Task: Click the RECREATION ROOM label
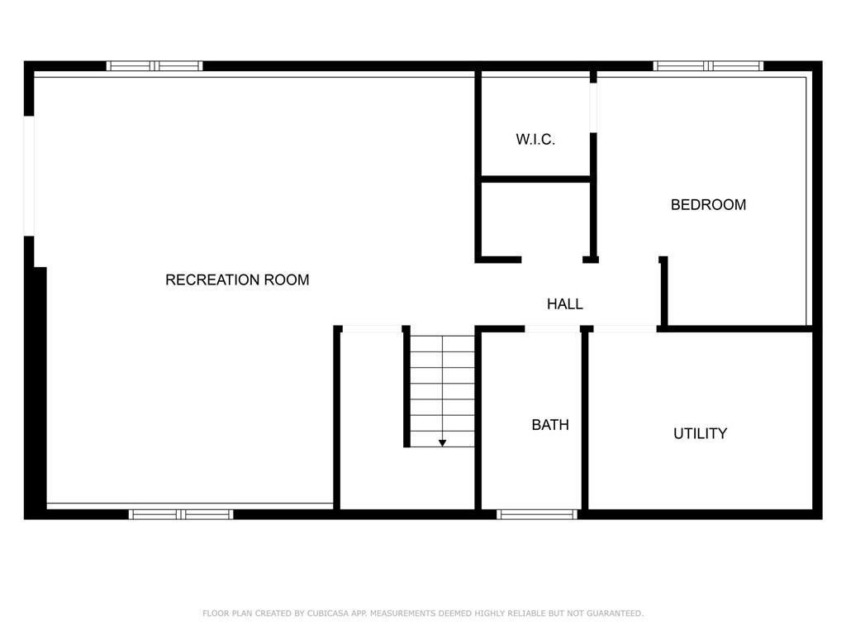pyautogui.click(x=237, y=279)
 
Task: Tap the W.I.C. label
pyautogui.click(x=535, y=139)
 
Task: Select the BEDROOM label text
pyautogui.click(x=708, y=205)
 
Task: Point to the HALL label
pyautogui.click(x=564, y=304)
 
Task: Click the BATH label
pyautogui.click(x=549, y=425)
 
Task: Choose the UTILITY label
pyautogui.click(x=700, y=433)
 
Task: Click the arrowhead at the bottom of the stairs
pyautogui.click(x=442, y=443)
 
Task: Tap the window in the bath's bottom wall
pyautogui.click(x=537, y=514)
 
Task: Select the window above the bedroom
pyautogui.click(x=708, y=66)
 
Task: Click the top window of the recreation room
pyautogui.click(x=154, y=66)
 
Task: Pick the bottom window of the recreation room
pyautogui.click(x=181, y=514)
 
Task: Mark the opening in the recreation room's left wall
pyautogui.click(x=29, y=176)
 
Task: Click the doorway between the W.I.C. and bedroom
pyautogui.click(x=593, y=108)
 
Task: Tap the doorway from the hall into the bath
pyautogui.click(x=552, y=329)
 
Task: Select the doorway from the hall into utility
pyautogui.click(x=625, y=329)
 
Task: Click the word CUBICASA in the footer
pyautogui.click(x=327, y=614)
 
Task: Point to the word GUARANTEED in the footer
pyautogui.click(x=615, y=614)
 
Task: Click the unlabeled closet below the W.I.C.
pyautogui.click(x=535, y=218)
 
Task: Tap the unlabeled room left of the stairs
pyautogui.click(x=373, y=421)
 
